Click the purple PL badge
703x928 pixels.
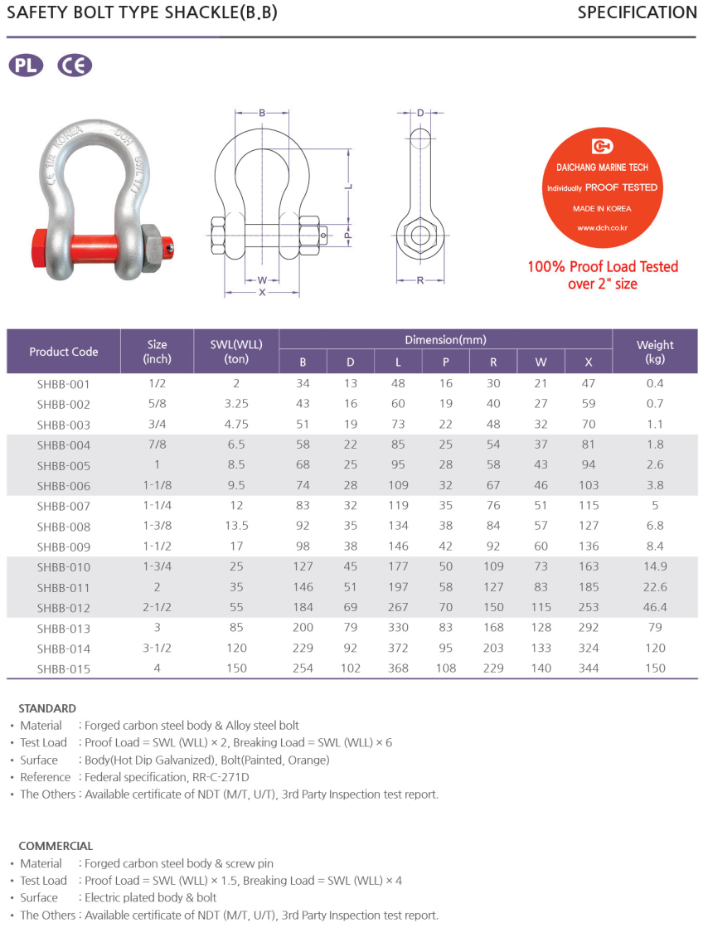click(26, 66)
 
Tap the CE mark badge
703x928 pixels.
click(75, 66)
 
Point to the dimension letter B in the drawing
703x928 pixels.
click(262, 113)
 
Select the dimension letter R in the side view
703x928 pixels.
click(420, 280)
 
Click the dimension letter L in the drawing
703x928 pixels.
click(349, 186)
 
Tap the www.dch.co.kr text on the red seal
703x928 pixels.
click(604, 226)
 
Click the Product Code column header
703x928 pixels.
click(63, 352)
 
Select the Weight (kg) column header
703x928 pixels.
click(655, 352)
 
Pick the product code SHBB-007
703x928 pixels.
click(63, 506)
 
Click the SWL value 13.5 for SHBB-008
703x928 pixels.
click(236, 526)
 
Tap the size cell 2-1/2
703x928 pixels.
click(157, 607)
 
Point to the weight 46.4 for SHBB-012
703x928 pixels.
click(655, 607)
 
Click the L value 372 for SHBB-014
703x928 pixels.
click(398, 648)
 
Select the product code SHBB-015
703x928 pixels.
click(63, 668)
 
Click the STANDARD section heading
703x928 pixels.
click(47, 709)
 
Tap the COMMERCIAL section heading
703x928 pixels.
click(56, 847)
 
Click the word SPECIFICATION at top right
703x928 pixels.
click(637, 12)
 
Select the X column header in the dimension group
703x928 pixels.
click(589, 362)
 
